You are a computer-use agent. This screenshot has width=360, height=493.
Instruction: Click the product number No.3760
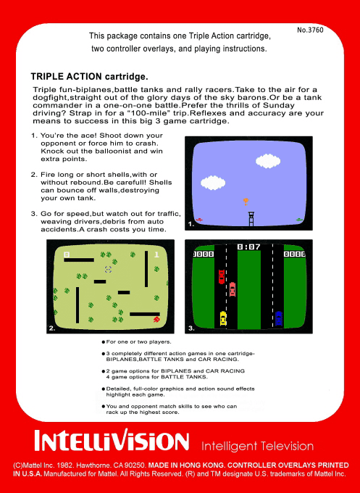click(x=310, y=30)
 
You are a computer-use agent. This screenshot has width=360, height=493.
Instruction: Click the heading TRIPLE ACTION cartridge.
click(x=89, y=76)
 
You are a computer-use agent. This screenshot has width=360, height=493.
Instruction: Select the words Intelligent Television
click(x=257, y=445)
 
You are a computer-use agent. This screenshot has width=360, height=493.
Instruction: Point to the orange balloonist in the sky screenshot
click(x=246, y=200)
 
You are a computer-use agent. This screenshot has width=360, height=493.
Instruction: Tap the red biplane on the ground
click(x=199, y=219)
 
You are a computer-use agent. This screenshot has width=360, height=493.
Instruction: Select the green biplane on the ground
click(x=298, y=219)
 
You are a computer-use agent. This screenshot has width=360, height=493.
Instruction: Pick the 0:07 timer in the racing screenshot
click(x=249, y=247)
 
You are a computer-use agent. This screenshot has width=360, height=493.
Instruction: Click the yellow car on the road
click(x=223, y=317)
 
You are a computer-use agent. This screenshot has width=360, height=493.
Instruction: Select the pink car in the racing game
click(x=233, y=289)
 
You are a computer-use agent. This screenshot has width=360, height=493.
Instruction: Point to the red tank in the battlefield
click(x=156, y=319)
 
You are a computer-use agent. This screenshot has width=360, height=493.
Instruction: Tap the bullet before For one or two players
click(x=103, y=341)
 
